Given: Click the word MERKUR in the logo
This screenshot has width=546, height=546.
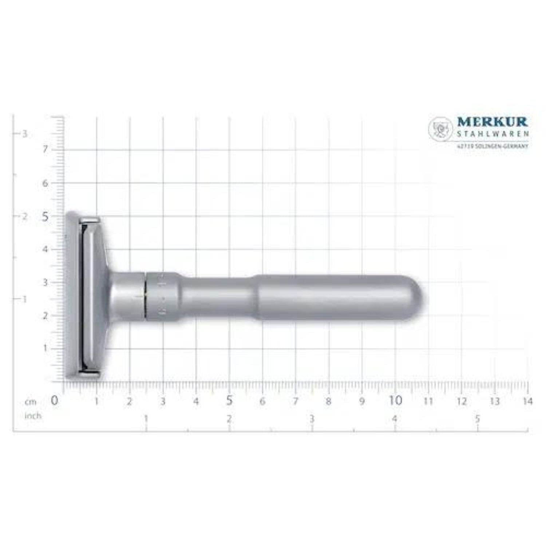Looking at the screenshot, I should coord(492,122).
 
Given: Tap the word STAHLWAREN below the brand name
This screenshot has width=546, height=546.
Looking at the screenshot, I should coord(492,134).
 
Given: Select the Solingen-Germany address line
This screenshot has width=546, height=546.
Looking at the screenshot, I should coord(492,146).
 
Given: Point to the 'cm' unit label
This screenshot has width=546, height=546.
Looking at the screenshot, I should coord(31,402).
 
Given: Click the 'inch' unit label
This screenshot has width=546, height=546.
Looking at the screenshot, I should coord(33,416).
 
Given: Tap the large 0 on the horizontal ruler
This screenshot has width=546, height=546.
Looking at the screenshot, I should coord(54,401).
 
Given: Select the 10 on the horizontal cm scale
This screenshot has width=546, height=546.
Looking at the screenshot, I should coord(395,401).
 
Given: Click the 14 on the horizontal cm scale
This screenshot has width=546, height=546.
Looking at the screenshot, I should coord(527,401).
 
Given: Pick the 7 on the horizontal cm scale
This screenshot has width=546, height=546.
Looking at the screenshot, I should coord(296,401).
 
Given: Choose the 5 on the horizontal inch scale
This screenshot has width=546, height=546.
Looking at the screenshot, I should coord(478,419).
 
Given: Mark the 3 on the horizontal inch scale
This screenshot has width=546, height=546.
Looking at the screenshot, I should coord(312,419).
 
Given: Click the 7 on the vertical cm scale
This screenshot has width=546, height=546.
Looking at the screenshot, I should coord(45,150).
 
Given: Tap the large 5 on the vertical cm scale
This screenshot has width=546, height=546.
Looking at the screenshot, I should coord(45,217).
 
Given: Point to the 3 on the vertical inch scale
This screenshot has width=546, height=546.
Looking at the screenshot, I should coord(25,134).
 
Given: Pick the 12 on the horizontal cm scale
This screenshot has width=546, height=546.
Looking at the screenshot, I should coord(462,401).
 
